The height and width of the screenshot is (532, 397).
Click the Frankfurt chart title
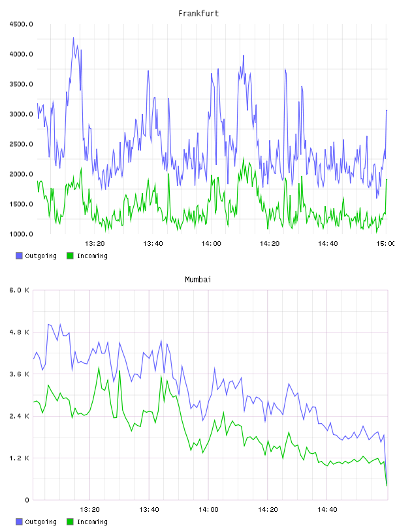[198, 14]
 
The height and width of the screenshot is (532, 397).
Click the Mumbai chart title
[198, 280]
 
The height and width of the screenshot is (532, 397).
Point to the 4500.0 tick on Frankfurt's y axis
[22, 24]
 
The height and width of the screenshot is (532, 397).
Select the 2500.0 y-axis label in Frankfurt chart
[22, 144]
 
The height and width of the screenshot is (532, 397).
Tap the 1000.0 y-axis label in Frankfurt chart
[22, 234]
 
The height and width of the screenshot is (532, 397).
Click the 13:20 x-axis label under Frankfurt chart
[95, 244]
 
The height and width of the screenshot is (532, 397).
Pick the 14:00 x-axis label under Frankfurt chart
[211, 244]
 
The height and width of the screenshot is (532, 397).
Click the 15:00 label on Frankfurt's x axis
[386, 244]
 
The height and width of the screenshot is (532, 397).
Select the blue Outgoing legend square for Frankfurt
[19, 256]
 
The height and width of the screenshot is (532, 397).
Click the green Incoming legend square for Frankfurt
[70, 256]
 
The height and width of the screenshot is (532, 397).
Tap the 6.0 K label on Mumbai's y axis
[20, 290]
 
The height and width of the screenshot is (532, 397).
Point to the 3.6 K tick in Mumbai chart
[20, 374]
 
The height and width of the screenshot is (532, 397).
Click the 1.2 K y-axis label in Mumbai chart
[20, 458]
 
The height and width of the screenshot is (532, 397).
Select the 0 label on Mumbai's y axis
[27, 500]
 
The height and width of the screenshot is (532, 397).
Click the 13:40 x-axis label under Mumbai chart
[149, 510]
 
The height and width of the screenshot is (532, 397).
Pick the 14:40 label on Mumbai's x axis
[327, 510]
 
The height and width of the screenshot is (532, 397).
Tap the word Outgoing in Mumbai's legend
[40, 522]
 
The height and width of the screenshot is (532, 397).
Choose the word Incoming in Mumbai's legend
[92, 522]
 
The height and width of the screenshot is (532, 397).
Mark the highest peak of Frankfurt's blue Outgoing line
[73, 38]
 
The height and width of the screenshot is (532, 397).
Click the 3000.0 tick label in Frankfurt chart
[22, 114]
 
